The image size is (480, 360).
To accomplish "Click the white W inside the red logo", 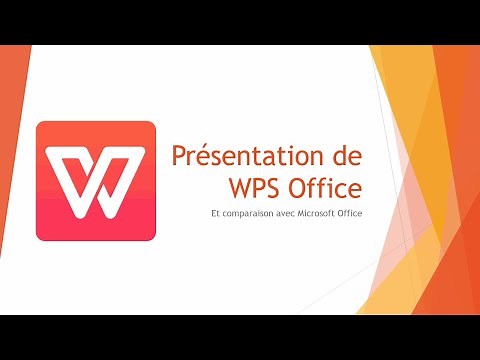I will click(x=95, y=182).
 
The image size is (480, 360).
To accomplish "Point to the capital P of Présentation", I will click(x=178, y=158).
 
